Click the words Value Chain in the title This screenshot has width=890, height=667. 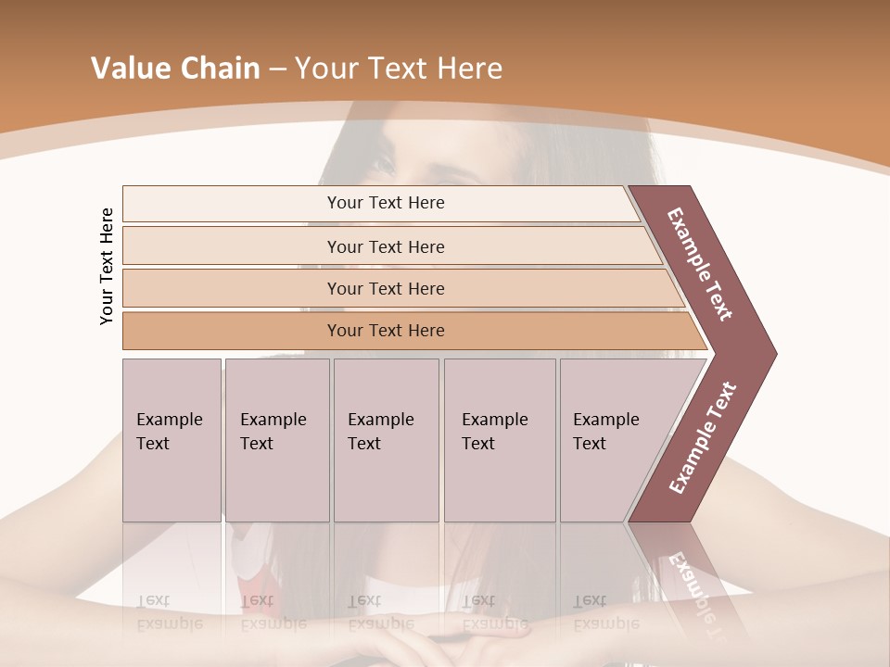point(175,69)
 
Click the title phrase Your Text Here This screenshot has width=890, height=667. point(398,69)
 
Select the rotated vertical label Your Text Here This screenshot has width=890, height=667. point(107,266)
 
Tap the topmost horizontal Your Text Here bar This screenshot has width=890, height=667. point(385,203)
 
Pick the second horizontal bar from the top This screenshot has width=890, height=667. point(385,246)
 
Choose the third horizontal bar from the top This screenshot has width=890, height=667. point(385,288)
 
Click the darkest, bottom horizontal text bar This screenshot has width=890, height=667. point(385,331)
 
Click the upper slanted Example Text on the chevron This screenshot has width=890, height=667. point(700,263)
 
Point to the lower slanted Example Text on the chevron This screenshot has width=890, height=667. point(703,437)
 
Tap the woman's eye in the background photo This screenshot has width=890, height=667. point(385,167)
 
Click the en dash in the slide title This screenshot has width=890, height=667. point(277,69)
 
